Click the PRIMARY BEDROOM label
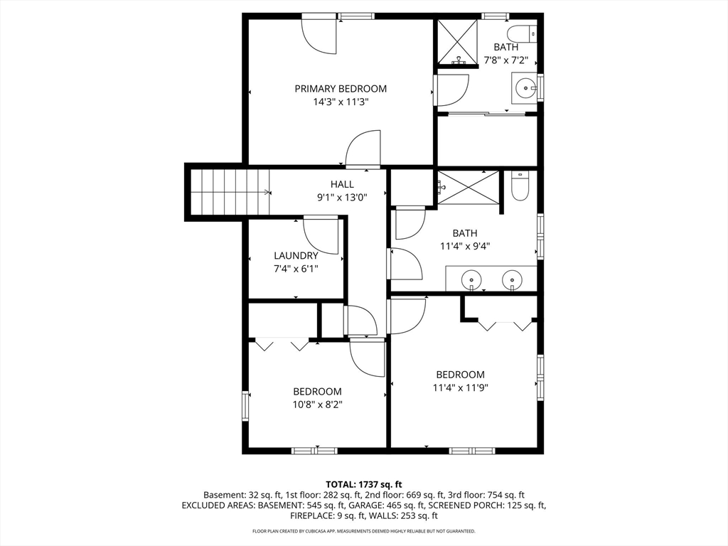(341, 89)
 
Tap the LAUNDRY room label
(296, 256)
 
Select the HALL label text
(342, 184)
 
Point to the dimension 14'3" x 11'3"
(341, 102)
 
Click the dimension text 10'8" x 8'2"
(317, 405)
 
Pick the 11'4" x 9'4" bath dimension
(465, 247)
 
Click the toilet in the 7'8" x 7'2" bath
(521, 33)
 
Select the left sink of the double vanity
(472, 280)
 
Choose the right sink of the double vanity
(512, 280)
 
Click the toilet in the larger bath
(520, 186)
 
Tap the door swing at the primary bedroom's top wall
(318, 36)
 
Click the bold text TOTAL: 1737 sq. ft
(363, 485)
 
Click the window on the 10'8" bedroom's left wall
(245, 406)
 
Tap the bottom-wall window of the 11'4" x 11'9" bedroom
(472, 450)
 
